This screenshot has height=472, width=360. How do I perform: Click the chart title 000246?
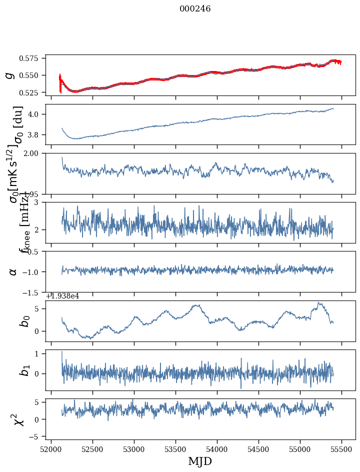tap(195, 9)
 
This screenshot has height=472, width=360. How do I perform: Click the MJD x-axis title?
tap(199, 461)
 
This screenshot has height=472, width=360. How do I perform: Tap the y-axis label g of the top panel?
tap(9, 75)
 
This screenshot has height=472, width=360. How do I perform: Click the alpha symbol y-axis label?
tap(13, 271)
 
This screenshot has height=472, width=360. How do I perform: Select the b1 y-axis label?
tap(24, 370)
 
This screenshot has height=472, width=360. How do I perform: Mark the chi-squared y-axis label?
tap(19, 419)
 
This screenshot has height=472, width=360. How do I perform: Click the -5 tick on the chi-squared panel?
tap(38, 437)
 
